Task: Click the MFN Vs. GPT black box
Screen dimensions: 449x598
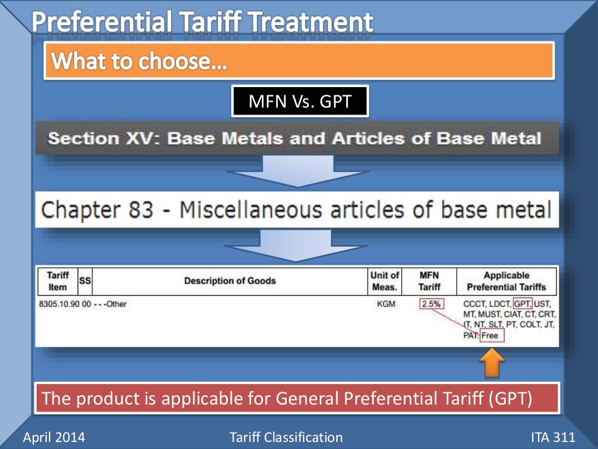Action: coord(300,101)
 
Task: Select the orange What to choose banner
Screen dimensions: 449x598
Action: coord(299,61)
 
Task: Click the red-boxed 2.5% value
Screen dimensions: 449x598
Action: coord(432,304)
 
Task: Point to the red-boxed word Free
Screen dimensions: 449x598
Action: coord(489,336)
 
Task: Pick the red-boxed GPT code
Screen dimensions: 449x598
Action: coord(523,304)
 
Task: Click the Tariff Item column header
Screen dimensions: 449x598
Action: coord(58,281)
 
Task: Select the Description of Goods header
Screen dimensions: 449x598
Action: coord(230,281)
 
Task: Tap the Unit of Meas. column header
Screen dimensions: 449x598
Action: coord(385,281)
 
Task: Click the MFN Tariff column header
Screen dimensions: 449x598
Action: coord(429,281)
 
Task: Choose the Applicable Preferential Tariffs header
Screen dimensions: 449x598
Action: coord(506,281)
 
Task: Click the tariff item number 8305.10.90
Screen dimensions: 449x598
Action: coord(58,304)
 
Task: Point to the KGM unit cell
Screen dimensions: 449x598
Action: coord(385,304)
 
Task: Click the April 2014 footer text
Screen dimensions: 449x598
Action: coord(53,437)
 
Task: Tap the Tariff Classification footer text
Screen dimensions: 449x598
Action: coord(287,437)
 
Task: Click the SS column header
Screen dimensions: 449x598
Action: coord(85,281)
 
